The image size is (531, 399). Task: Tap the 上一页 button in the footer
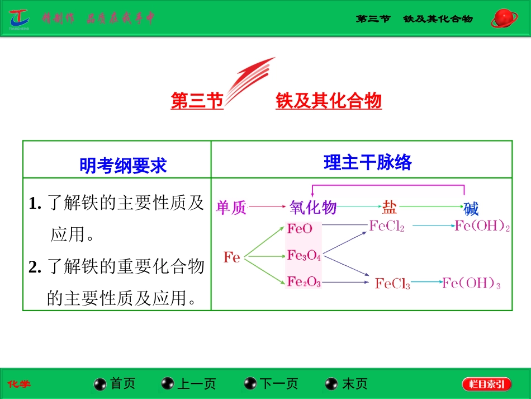pyautogui.click(x=189, y=383)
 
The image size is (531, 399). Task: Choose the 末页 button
pyautogui.click(x=347, y=383)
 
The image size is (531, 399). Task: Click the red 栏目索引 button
pyautogui.click(x=486, y=383)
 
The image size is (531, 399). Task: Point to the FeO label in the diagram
pyautogui.click(x=300, y=228)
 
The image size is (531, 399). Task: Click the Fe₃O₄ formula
pyautogui.click(x=304, y=256)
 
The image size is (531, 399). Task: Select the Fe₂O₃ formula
pyautogui.click(x=304, y=282)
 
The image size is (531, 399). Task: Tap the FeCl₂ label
pyautogui.click(x=387, y=226)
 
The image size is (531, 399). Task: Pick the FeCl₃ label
pyautogui.click(x=392, y=284)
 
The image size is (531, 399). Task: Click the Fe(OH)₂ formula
pyautogui.click(x=482, y=226)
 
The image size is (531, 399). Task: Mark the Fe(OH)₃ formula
pyautogui.click(x=471, y=284)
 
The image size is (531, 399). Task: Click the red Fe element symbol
pyautogui.click(x=232, y=257)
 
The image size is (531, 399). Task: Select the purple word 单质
pyautogui.click(x=231, y=208)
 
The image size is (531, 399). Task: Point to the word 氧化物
pyautogui.click(x=313, y=208)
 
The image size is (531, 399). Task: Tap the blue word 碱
pyautogui.click(x=471, y=209)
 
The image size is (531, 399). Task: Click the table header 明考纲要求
pyautogui.click(x=123, y=165)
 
